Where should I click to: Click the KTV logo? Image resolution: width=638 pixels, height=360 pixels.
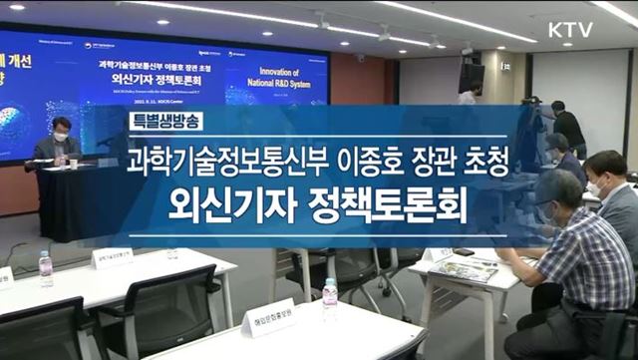pyautogui.click(x=569, y=30)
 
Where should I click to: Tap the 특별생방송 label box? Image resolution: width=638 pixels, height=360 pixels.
pyautogui.click(x=167, y=121)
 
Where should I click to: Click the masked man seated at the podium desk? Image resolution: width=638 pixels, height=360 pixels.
pyautogui.click(x=58, y=143)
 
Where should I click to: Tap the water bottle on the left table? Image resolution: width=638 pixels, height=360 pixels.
pyautogui.click(x=45, y=268)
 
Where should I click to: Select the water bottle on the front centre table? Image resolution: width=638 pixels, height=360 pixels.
pyautogui.click(x=329, y=298)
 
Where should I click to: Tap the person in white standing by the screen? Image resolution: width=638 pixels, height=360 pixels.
pyautogui.click(x=468, y=96)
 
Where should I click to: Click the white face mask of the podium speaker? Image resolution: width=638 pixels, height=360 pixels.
pyautogui.click(x=61, y=135)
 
